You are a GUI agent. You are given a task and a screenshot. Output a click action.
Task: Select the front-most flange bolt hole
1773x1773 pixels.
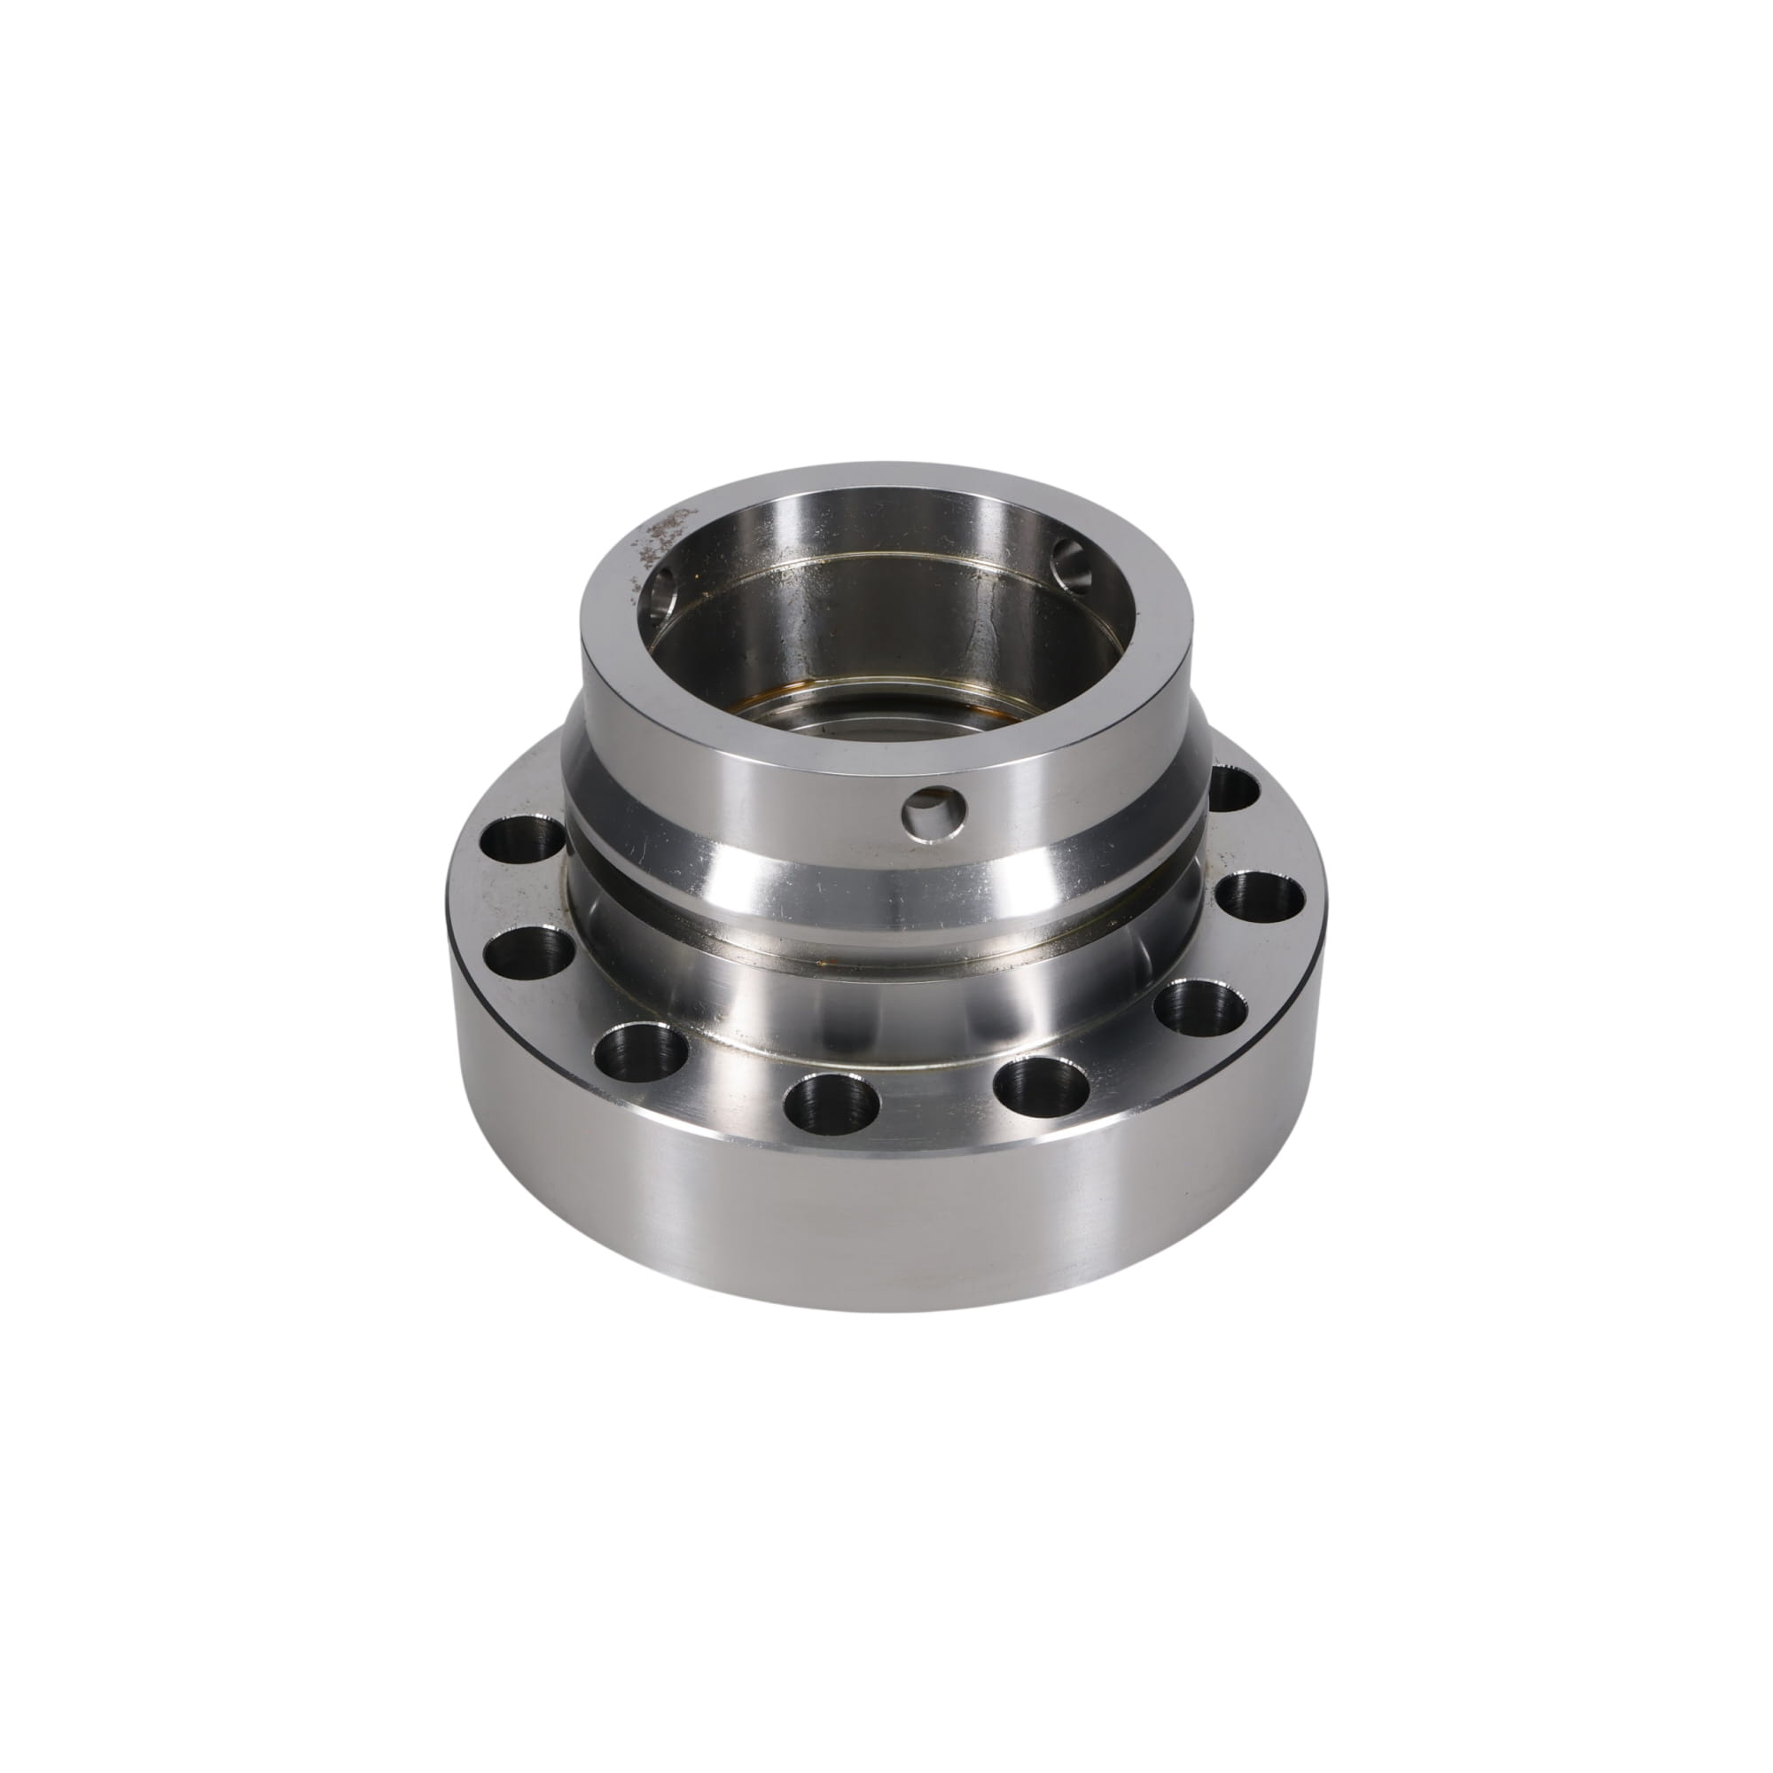click(x=832, y=1110)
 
